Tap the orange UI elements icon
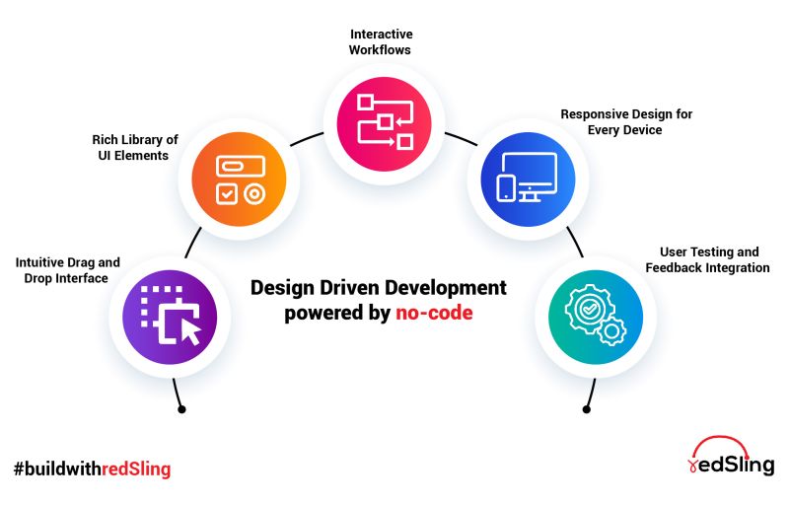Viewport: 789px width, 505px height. tap(238, 180)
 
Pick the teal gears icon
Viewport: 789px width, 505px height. tap(593, 315)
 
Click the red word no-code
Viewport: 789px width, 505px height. tap(434, 314)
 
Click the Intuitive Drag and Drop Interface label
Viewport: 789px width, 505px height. tap(67, 270)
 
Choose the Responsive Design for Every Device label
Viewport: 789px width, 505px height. tap(626, 121)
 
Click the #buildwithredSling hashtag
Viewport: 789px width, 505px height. tap(92, 469)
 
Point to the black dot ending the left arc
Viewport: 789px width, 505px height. tap(180, 408)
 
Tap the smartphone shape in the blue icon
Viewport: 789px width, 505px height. tap(505, 188)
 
